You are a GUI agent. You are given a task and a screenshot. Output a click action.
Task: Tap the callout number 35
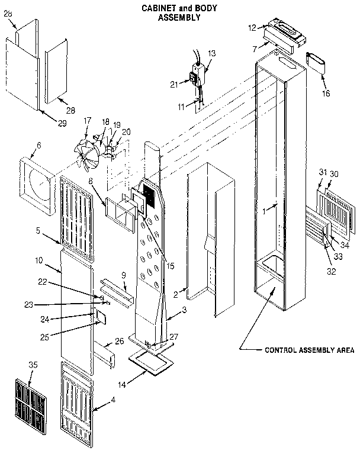(33, 365)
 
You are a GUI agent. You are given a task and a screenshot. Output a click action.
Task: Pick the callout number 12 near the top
(251, 28)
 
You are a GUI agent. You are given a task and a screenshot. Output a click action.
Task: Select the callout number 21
(174, 84)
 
